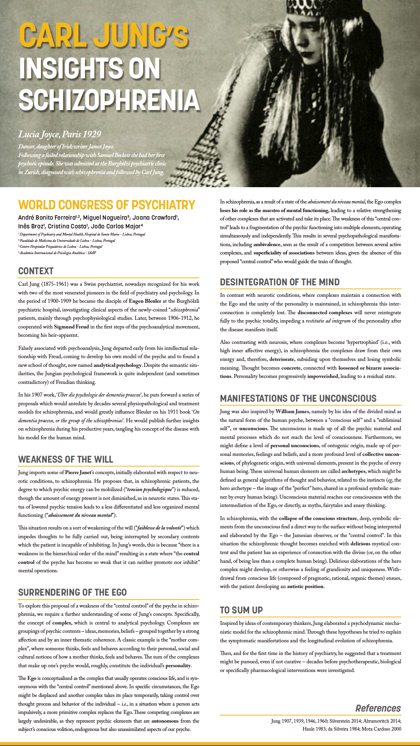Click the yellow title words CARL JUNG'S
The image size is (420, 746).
104,36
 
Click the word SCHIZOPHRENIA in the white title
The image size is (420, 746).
109,100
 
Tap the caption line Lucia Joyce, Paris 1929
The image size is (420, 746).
60,134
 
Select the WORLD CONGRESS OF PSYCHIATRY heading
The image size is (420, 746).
107,205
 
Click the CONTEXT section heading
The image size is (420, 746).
36,271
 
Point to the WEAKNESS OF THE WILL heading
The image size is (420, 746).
66,459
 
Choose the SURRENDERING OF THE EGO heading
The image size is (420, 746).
72,592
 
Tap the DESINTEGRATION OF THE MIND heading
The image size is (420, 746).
280,282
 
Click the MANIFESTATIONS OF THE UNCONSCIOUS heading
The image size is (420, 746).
298,399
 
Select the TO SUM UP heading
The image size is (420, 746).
241,610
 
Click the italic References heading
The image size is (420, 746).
378,708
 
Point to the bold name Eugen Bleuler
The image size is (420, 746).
145,301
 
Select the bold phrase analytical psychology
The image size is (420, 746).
117,365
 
